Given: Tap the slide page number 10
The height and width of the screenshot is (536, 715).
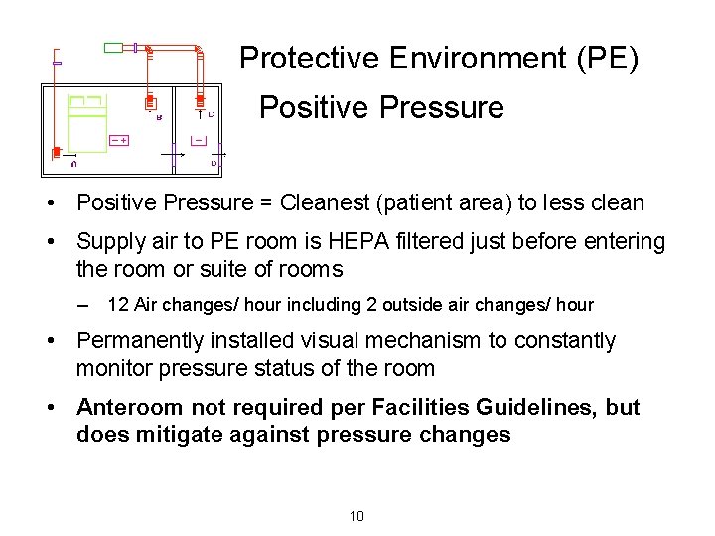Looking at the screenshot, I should (x=357, y=515).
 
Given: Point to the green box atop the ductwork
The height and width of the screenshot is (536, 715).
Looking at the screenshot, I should (x=114, y=47).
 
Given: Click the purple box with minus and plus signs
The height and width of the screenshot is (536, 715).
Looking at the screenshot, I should (x=120, y=140).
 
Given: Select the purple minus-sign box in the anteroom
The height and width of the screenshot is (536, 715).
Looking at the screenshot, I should (x=200, y=140).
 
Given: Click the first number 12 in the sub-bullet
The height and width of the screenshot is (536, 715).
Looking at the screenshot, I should (x=118, y=305).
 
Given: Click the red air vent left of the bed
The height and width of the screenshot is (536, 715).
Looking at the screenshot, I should (x=57, y=153).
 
